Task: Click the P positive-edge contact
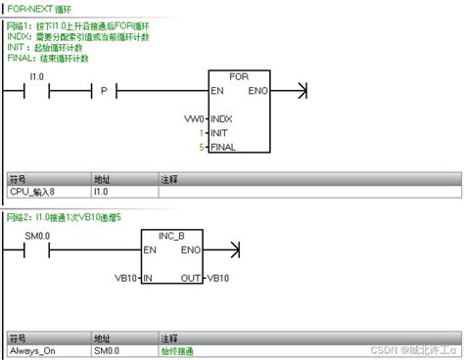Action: click(103, 90)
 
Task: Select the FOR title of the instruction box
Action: click(238, 76)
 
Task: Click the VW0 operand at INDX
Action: click(196, 118)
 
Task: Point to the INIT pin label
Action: click(221, 132)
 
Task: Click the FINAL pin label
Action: click(224, 147)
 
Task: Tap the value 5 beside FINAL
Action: click(202, 147)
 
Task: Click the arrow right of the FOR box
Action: click(301, 91)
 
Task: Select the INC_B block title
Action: click(171, 237)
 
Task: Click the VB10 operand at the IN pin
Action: click(125, 279)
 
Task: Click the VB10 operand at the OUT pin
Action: click(218, 279)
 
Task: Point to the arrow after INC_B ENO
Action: click(233, 250)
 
